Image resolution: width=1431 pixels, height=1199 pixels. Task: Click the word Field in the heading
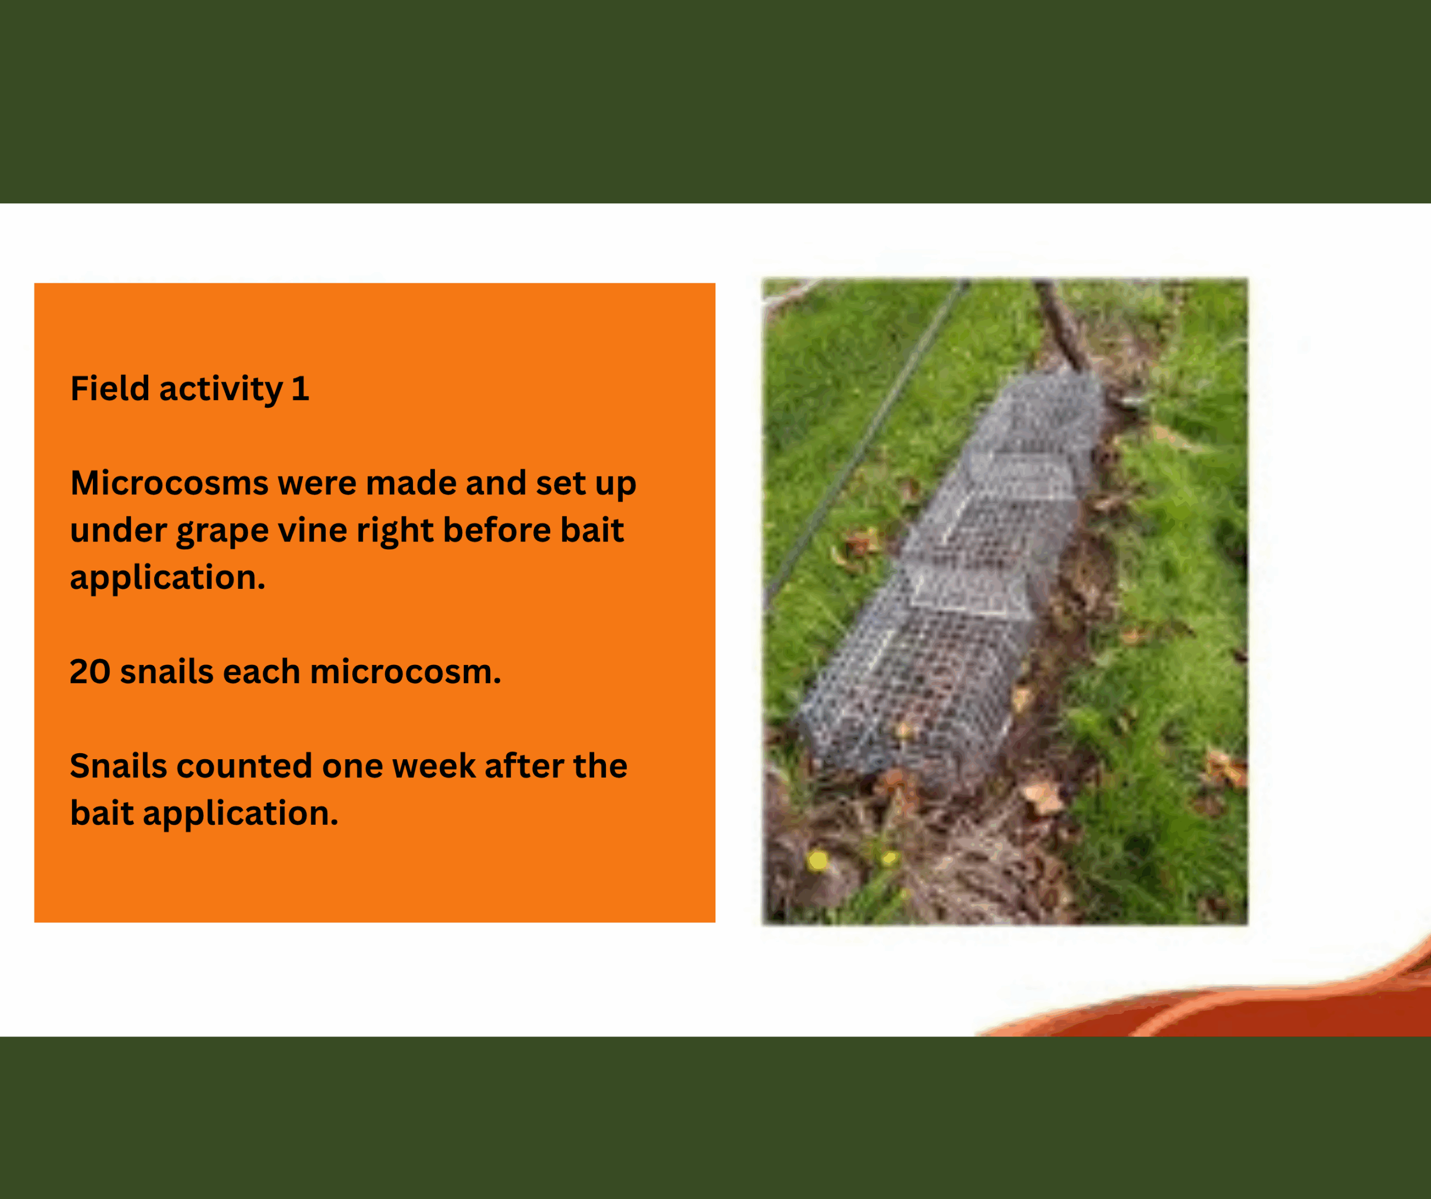[110, 388]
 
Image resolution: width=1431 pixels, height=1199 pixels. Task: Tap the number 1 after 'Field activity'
[301, 388]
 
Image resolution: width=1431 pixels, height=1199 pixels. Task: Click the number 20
[90, 672]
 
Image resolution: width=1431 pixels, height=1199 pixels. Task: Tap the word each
[262, 672]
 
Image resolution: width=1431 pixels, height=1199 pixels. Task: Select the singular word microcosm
[405, 672]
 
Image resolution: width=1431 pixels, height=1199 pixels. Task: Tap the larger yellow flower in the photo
[818, 860]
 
